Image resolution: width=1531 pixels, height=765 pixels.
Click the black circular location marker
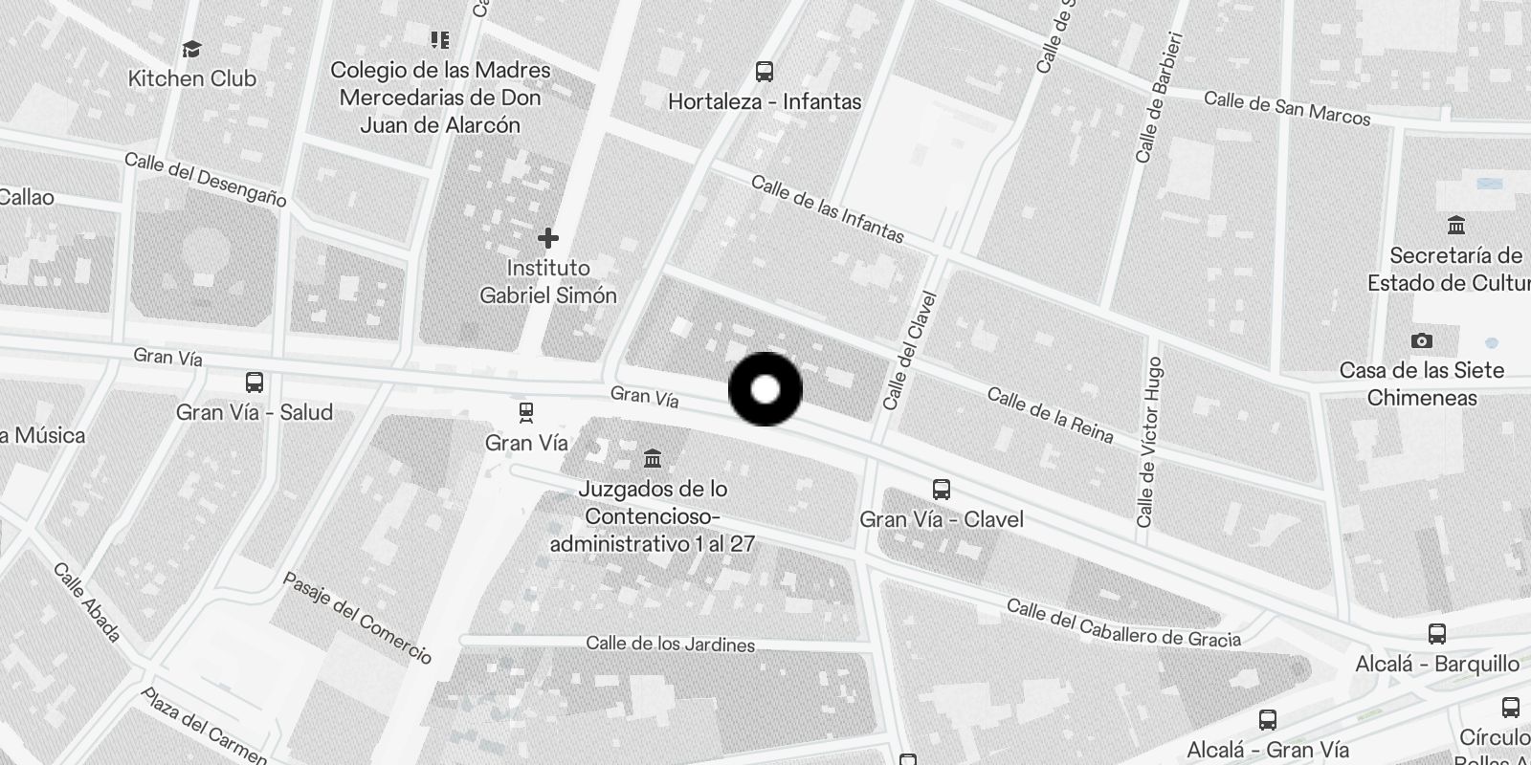[x=765, y=389]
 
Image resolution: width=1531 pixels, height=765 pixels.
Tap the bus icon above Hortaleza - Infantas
[x=764, y=72]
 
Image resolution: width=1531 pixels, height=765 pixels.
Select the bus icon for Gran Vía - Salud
[x=255, y=382]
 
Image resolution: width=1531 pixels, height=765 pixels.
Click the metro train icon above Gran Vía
[x=525, y=413]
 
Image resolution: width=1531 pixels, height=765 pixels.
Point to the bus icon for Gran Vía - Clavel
[x=942, y=490]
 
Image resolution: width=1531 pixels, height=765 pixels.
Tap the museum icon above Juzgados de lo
[x=653, y=458]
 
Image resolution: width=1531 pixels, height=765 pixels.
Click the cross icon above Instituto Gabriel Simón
[x=548, y=237]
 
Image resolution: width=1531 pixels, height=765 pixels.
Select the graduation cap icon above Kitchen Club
[x=192, y=49]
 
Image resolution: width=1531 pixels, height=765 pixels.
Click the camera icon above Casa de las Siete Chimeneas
[x=1422, y=340]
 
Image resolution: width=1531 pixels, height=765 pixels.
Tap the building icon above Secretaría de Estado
[x=1456, y=226]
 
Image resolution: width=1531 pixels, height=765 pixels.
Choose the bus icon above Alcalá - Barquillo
[x=1436, y=634]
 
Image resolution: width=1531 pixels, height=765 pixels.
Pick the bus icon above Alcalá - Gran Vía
[x=1268, y=720]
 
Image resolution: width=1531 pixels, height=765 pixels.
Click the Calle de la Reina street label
[x=1050, y=416]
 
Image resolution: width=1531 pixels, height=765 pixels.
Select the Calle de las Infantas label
[x=828, y=208]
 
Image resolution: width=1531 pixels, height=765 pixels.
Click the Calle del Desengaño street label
[x=205, y=179]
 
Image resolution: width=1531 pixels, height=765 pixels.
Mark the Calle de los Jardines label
[x=670, y=644]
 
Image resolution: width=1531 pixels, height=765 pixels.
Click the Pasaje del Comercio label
[x=357, y=618]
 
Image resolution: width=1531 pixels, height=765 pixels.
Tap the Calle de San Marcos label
[x=1287, y=108]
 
